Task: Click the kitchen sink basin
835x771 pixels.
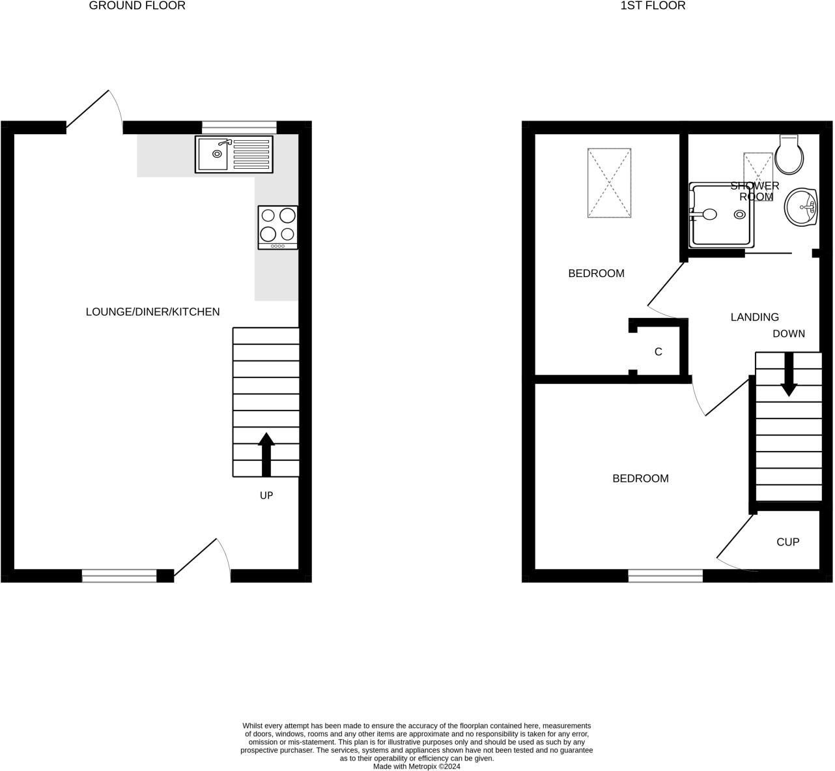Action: [213, 154]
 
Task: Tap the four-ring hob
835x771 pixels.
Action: [278, 226]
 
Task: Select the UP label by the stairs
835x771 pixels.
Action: [266, 495]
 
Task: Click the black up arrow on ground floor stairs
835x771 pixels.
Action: [266, 454]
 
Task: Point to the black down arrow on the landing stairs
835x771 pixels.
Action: [789, 374]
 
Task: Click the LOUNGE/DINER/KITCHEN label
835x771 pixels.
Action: [152, 312]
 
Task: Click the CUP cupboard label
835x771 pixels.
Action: [787, 542]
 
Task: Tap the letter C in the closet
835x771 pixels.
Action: [658, 352]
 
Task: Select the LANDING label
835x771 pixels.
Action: [754, 317]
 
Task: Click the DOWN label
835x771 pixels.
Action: [789, 334]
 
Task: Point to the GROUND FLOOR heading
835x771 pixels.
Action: [137, 6]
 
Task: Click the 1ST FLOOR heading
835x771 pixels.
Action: [644, 6]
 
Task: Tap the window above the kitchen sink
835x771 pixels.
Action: [239, 126]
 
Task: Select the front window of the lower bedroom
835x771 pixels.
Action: [666, 575]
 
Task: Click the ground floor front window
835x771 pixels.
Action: [119, 575]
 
